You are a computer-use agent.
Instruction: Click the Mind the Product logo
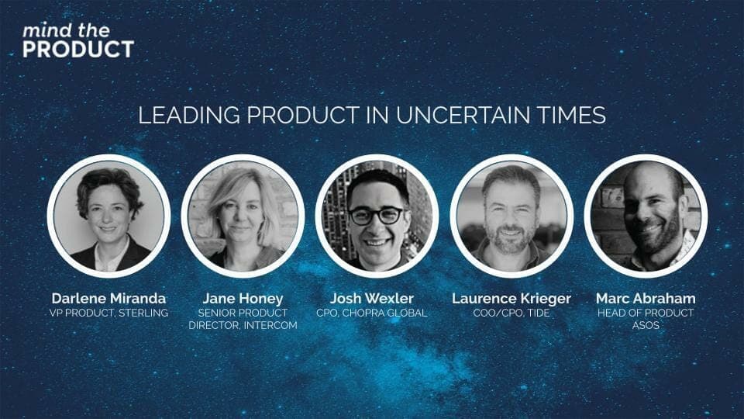[78, 41]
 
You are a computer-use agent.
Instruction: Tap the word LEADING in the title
[189, 116]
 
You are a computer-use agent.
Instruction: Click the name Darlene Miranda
[108, 298]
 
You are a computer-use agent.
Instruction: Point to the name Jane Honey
[243, 298]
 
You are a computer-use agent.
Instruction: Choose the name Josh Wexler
[372, 298]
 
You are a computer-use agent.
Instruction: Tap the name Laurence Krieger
[511, 298]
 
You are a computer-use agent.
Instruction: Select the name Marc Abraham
[646, 298]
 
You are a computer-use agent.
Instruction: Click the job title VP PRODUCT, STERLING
[108, 313]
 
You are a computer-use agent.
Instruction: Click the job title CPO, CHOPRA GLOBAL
[372, 313]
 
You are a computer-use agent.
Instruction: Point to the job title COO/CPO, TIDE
[511, 313]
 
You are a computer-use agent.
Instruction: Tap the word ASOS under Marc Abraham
[646, 325]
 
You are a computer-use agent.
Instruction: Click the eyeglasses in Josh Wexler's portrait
[377, 216]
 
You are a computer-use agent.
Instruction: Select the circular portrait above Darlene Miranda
[108, 216]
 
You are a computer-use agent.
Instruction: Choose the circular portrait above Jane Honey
[243, 216]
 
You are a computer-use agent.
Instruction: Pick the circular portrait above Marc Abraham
[646, 216]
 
